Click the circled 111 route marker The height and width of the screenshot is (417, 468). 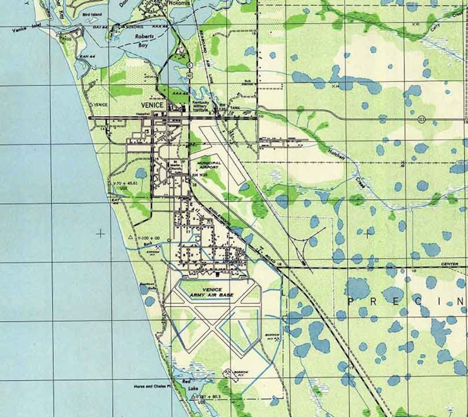coord(421,119)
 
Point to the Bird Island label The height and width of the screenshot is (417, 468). coord(92,14)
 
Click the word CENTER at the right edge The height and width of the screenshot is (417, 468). coord(450,264)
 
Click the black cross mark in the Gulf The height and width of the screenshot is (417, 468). coord(100,234)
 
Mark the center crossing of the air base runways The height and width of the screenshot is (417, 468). coord(212,324)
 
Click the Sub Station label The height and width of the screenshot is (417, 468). coord(248,82)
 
